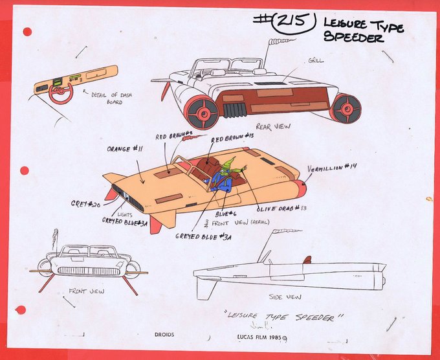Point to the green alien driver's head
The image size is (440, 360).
227,167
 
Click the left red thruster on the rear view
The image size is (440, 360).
204,111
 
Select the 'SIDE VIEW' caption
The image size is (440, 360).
284,297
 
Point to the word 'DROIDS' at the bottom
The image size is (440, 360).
164,335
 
